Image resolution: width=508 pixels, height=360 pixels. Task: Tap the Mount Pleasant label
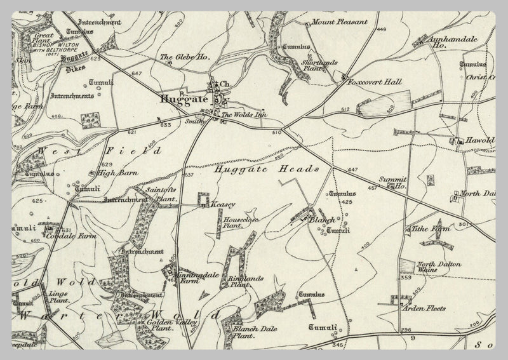point(340,22)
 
